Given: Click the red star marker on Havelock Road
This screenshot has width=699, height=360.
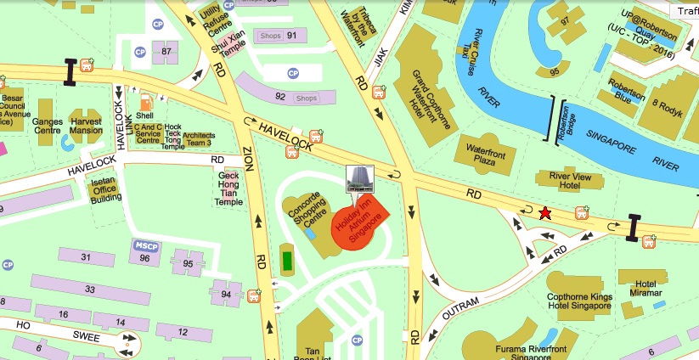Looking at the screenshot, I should [x=544, y=213].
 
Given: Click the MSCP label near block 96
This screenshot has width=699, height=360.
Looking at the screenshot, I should [x=144, y=246].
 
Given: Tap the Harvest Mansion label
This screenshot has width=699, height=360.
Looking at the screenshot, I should [x=87, y=126].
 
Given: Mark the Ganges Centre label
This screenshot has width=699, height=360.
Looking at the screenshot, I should [x=48, y=126].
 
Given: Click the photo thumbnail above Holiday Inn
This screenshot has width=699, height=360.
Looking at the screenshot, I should [x=358, y=180].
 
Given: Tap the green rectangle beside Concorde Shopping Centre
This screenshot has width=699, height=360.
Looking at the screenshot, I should [x=287, y=259].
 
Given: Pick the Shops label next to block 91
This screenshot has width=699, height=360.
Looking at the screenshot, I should [x=269, y=36].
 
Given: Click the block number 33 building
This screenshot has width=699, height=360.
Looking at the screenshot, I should [x=89, y=290].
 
